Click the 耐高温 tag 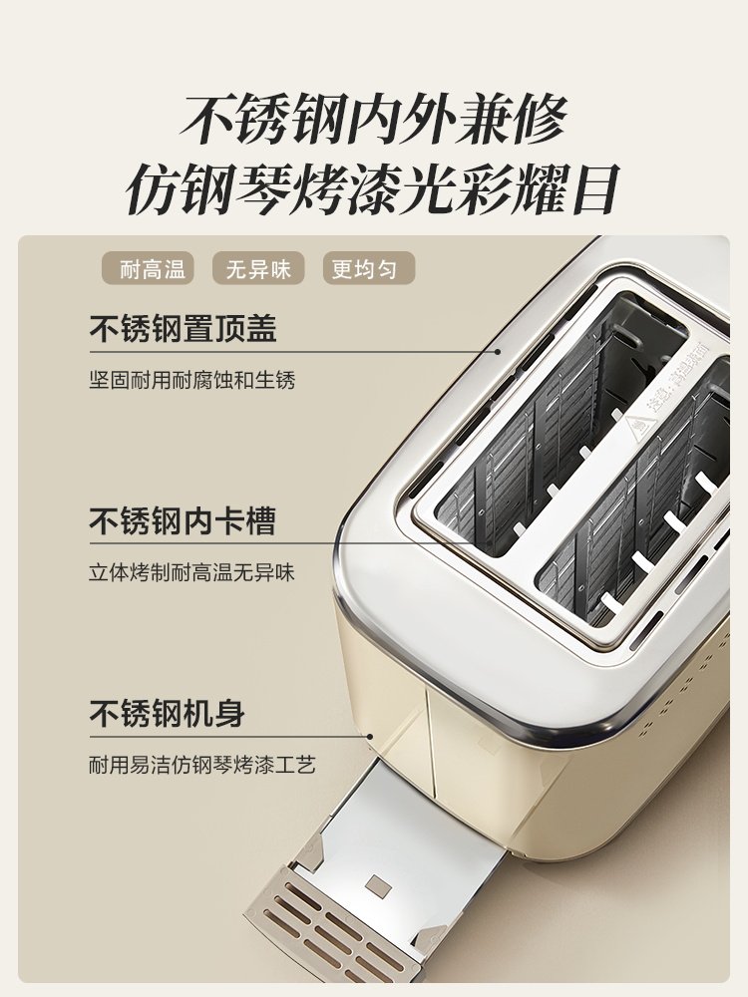148,268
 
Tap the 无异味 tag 258,268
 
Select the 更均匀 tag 369,268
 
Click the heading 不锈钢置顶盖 183,329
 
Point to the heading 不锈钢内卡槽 183,520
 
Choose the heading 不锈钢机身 167,713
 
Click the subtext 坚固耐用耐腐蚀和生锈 192,380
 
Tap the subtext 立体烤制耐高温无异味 192,572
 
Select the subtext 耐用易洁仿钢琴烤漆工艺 202,765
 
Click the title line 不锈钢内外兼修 373,119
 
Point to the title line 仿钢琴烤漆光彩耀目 373,188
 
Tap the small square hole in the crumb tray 379,885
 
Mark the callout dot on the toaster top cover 499,351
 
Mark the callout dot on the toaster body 369,737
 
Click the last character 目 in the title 594,188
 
